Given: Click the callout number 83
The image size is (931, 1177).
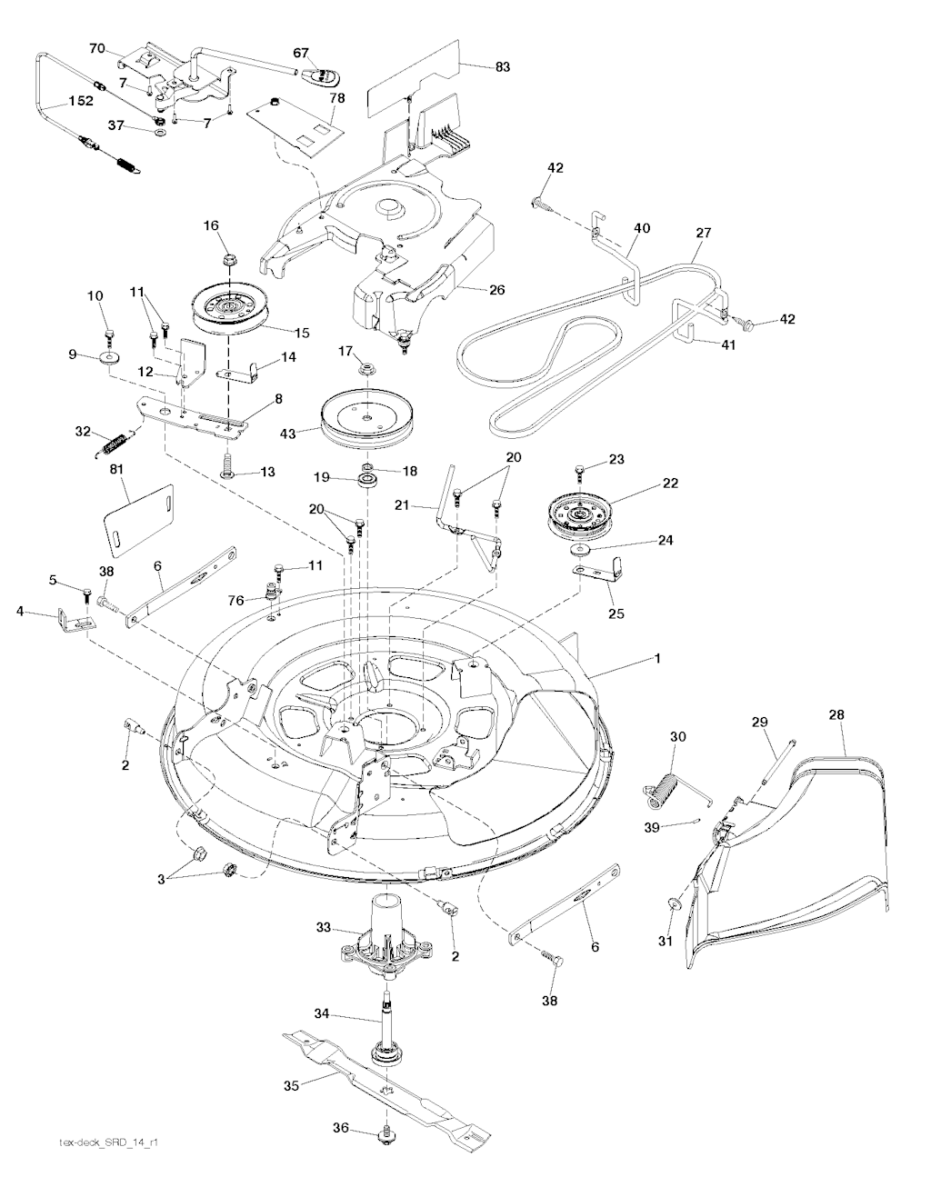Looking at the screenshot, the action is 502,66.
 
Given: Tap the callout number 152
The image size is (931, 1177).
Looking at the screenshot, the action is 80,101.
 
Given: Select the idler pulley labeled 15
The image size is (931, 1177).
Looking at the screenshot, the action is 229,308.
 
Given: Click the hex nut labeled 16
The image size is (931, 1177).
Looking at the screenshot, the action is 229,259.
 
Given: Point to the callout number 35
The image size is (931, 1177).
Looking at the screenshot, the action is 292,1086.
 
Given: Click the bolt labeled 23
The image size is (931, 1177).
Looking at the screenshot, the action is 580,472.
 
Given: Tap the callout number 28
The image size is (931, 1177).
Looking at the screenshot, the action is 836,715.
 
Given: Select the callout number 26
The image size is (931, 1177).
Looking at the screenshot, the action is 497,289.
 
